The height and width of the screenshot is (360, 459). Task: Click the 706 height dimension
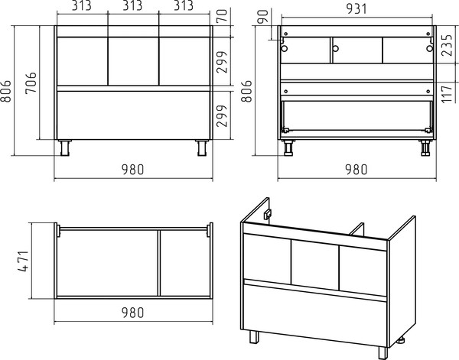click(31, 83)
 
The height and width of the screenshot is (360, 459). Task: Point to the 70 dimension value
click(222, 16)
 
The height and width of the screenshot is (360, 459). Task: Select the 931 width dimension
click(356, 9)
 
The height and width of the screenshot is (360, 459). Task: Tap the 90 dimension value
click(263, 16)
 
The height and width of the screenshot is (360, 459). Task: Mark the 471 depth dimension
click(24, 261)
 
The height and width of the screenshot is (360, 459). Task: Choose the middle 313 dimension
click(132, 6)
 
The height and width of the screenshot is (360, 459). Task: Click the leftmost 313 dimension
click(82, 6)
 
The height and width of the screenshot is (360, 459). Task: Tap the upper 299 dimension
click(222, 62)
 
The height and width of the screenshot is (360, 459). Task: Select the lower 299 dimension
click(222, 116)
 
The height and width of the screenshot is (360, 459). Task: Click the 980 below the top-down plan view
click(133, 313)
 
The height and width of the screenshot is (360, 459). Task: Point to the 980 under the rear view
click(356, 170)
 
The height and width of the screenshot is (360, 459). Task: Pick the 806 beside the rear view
click(246, 91)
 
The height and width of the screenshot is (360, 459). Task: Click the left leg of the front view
click(65, 148)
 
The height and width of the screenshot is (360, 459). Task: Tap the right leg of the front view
click(202, 148)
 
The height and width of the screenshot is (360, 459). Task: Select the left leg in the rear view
click(288, 148)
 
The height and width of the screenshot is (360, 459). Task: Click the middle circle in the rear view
click(336, 48)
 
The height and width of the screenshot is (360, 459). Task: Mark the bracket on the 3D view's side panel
click(268, 214)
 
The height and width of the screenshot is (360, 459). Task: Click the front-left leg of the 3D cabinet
click(254, 337)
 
